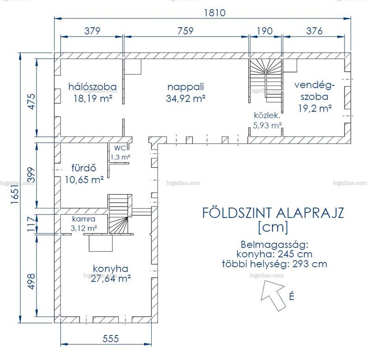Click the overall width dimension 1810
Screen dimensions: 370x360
tap(215, 12)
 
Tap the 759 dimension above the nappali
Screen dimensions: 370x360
tap(185, 31)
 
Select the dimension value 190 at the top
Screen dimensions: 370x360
tap(265, 31)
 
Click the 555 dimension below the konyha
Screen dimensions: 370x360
tap(111, 339)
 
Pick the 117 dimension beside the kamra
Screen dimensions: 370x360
tap(31, 224)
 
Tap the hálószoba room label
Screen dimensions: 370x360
tap(92, 86)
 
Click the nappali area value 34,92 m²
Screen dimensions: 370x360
tap(185, 98)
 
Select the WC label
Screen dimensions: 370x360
tap(120, 148)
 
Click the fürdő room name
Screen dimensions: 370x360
tap(84, 168)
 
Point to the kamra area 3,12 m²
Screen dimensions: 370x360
tap(84, 228)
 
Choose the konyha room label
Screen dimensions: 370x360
tap(111, 269)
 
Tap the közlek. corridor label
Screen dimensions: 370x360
tap(267, 115)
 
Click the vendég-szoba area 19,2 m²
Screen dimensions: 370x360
tap(315, 108)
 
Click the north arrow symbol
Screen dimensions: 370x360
tap(274, 295)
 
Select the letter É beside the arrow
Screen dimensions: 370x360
tap(292, 296)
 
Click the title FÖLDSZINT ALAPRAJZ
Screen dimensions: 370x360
tap(273, 213)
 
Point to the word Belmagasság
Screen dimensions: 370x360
tap(274, 245)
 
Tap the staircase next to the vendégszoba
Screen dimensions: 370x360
tap(265, 80)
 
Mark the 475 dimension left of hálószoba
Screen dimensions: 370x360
tap(31, 101)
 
